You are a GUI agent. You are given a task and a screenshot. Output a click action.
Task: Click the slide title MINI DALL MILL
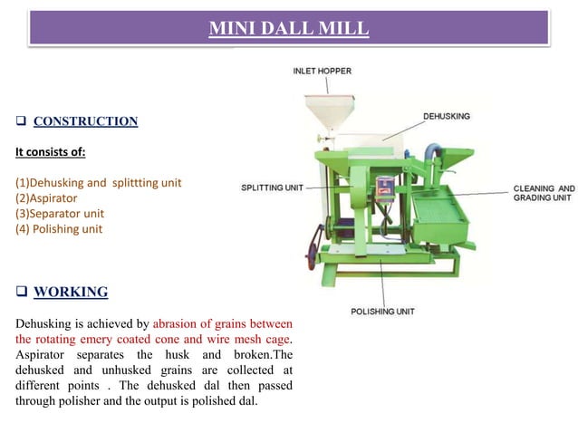tap(289, 29)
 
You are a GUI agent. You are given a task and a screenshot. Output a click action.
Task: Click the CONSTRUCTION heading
tap(85, 121)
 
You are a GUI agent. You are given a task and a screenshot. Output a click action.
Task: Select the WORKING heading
tap(71, 292)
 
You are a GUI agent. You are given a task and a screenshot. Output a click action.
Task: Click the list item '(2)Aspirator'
tap(46, 197)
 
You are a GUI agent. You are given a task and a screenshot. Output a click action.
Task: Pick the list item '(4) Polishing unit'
tap(59, 229)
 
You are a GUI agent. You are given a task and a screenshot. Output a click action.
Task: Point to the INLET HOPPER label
tap(322, 71)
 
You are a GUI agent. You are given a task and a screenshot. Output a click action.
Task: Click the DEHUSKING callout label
tap(446, 117)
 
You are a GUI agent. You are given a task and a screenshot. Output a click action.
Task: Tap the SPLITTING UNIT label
tap(272, 188)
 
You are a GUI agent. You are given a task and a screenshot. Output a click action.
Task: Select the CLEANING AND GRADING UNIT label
tap(544, 193)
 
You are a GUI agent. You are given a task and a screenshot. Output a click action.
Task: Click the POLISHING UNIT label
tap(382, 312)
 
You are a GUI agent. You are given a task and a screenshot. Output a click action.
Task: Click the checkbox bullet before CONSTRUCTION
tap(21, 121)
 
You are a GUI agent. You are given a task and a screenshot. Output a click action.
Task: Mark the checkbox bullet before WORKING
tap(21, 292)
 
